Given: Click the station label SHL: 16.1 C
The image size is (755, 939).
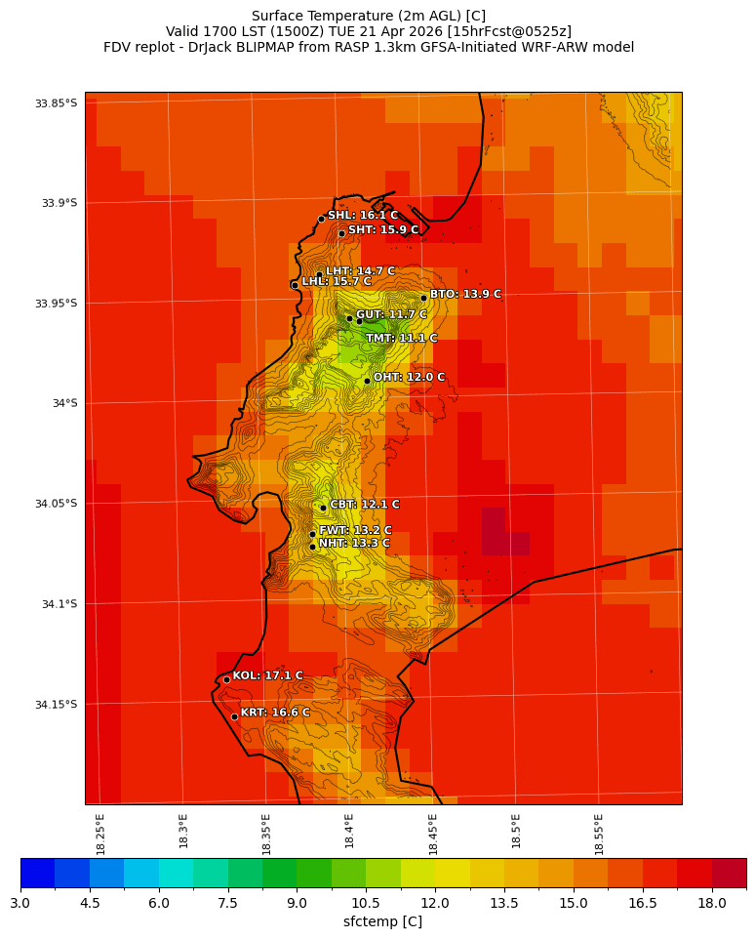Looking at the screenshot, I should coord(362,216).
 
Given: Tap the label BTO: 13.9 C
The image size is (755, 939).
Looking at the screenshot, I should coord(465,295).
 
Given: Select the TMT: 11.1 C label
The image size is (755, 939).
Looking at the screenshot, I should coord(401,339).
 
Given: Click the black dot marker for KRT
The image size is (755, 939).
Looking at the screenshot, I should coord(234,716).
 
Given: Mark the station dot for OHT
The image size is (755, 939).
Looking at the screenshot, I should coord(367,381).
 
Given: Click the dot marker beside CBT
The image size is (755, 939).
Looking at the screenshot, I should coord(323,508).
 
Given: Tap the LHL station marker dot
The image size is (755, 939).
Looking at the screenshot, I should coord(295,285).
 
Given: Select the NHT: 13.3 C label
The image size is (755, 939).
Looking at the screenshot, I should coord(354,544).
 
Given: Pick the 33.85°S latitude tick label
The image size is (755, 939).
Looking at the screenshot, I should coord(56,103).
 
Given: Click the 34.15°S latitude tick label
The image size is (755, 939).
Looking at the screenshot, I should coord(56,705).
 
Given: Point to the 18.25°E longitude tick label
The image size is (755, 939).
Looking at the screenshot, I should coord(100,834).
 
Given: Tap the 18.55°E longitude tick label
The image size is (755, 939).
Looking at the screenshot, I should coord(599,834).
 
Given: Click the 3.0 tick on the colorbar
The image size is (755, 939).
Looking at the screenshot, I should coord(20,904).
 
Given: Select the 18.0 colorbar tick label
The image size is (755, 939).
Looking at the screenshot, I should coord(712,904).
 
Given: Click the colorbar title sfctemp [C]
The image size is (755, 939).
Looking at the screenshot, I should coord(382,922).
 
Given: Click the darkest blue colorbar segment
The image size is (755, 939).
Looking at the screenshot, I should coord(37,873).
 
